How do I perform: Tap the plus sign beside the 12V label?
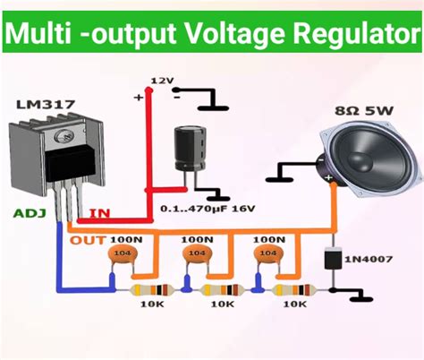138,97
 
